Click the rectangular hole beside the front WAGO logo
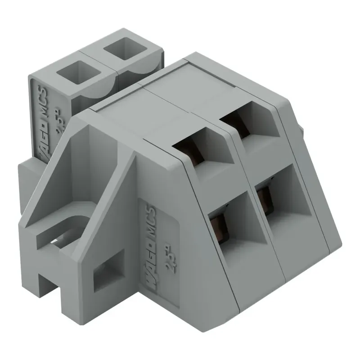[x=108, y=270]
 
